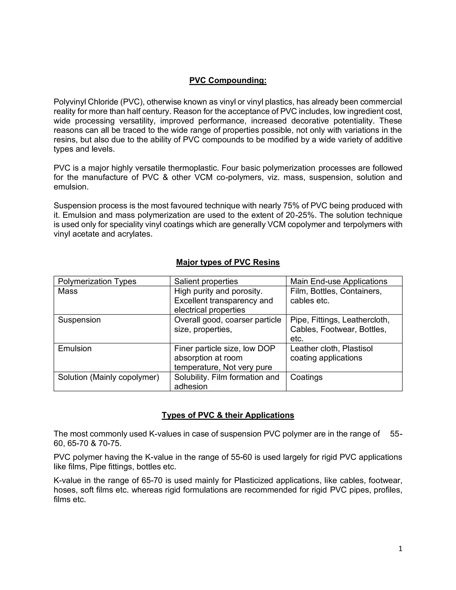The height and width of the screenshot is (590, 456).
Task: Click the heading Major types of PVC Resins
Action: [228, 262]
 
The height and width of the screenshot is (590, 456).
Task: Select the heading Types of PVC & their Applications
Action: [228, 415]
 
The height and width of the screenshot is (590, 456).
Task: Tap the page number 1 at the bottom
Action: [400, 548]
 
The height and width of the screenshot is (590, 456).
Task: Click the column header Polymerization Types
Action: [97, 281]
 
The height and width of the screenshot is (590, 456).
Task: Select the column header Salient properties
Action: [206, 281]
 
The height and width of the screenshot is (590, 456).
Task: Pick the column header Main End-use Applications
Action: [338, 281]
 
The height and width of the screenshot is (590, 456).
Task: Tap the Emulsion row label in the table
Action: [75, 348]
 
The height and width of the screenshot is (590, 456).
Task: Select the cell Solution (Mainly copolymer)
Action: [108, 377]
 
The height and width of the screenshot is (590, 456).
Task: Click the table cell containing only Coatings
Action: [306, 377]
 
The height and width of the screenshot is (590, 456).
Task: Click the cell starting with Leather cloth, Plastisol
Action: [331, 353]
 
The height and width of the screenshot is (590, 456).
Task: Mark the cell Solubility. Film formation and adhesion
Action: [226, 381]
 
